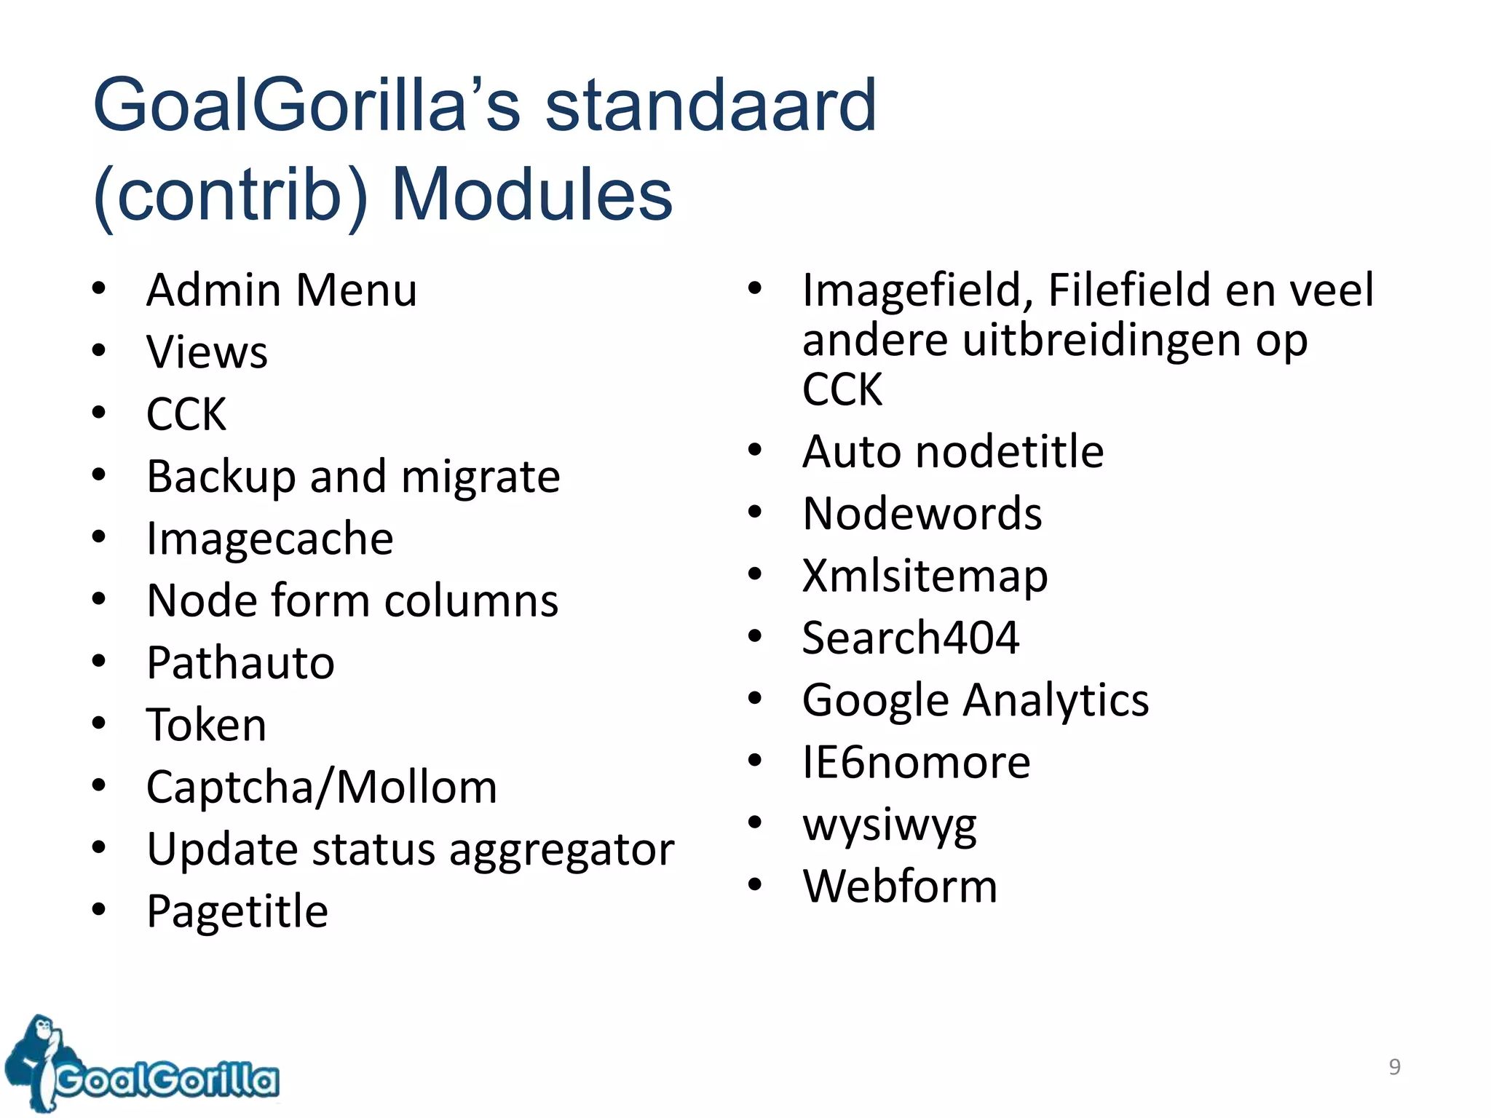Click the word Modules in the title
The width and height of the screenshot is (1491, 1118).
(531, 194)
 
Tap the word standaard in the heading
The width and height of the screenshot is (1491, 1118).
(710, 106)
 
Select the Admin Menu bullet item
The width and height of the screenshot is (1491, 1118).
(282, 290)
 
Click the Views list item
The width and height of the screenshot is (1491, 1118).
(207, 352)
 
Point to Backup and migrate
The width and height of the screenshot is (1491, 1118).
(353, 477)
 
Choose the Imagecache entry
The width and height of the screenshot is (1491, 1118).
(269, 539)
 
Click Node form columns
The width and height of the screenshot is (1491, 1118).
(352, 601)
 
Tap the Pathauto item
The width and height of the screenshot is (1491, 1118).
(240, 663)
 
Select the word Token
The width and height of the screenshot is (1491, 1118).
(206, 725)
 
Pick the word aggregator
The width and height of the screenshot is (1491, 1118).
(561, 849)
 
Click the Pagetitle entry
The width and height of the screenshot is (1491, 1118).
(237, 911)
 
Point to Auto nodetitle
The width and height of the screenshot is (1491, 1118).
(953, 451)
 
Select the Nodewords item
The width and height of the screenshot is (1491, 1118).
(922, 513)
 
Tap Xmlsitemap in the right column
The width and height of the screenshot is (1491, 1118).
(925, 576)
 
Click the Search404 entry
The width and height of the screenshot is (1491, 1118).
(910, 638)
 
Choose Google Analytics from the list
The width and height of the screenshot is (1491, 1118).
(976, 700)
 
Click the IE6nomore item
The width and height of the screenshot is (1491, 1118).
(916, 762)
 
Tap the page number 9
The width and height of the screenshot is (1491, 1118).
(1394, 1066)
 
